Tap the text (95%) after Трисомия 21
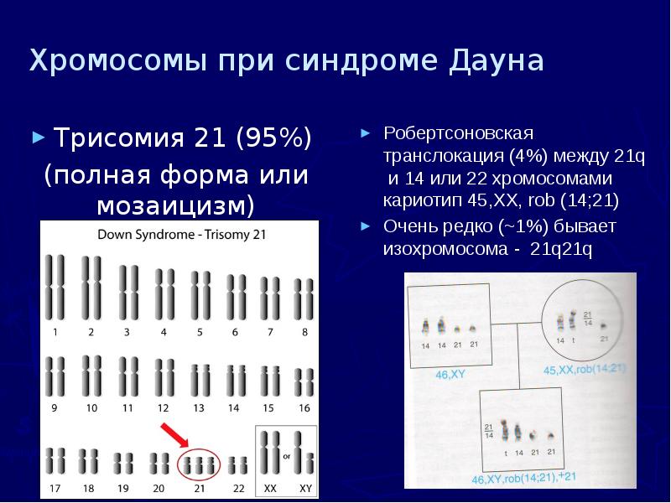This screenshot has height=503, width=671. coord(273,137)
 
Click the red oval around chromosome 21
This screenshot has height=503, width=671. coord(199,464)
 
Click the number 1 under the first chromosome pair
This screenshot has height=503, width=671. coord(55,333)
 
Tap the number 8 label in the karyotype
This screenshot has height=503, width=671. coord(304,333)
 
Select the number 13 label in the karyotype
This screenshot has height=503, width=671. coord(199,408)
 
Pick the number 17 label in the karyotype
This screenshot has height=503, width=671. coord(55,487)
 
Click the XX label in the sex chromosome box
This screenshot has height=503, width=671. coord(270,487)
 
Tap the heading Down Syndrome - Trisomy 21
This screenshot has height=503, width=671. coord(182,236)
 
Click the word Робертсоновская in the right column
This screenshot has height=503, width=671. coord(459,134)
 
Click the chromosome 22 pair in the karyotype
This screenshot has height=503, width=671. coord(238,463)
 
